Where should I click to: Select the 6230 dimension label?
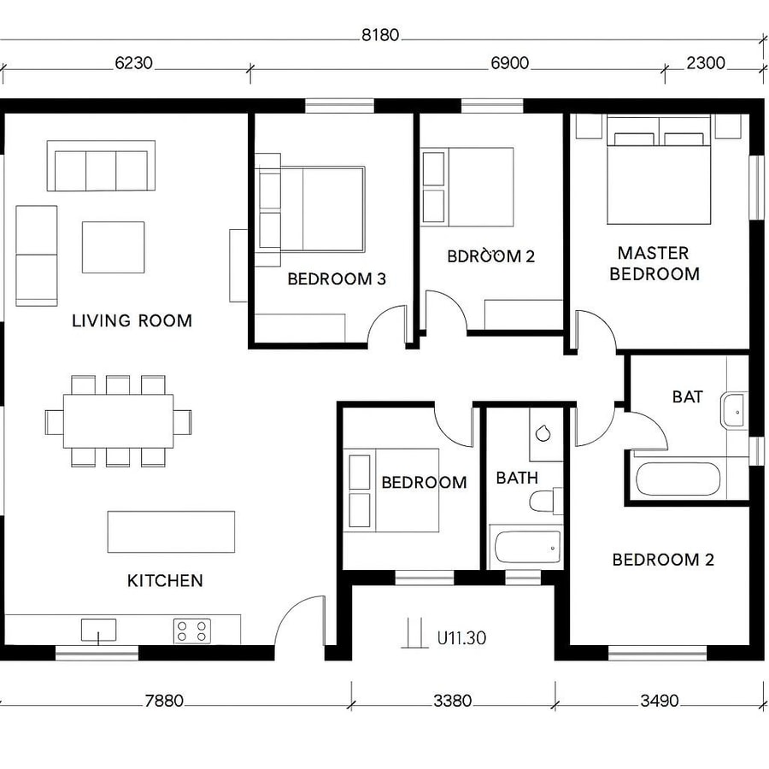135,63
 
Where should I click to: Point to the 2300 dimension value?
706,63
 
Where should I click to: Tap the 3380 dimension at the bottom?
452,701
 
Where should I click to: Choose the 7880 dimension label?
164,701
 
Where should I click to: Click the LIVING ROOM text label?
132,321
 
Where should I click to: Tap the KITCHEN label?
165,581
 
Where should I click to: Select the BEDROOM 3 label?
337,279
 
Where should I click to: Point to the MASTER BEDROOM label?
654,263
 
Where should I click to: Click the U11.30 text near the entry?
461,637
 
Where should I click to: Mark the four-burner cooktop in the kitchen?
192,631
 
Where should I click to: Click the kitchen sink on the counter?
98,631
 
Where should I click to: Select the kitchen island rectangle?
171,531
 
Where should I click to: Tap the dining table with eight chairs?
118,421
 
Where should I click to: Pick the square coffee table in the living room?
113,247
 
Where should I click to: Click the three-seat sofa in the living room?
101,166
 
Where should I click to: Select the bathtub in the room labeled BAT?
679,479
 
